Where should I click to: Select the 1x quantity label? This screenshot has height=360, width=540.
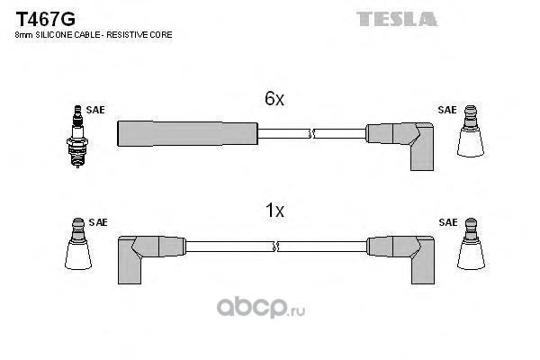coord(274,212)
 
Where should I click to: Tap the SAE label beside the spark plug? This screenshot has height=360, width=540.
coord(95,110)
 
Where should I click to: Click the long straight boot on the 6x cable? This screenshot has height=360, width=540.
coord(187,133)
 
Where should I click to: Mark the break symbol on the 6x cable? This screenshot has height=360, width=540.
coord(310,134)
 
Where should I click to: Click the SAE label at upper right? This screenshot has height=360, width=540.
coord(446,110)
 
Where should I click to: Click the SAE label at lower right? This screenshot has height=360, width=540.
coord(446,221)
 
